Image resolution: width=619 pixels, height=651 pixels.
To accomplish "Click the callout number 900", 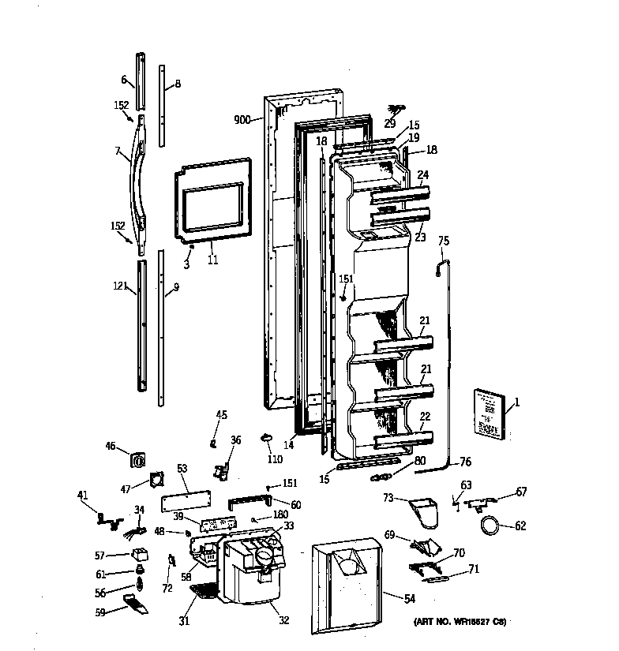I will click(x=242, y=120).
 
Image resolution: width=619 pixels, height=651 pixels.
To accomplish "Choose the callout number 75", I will click(x=443, y=241).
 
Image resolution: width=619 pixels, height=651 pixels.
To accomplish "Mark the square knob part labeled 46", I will click(x=139, y=458).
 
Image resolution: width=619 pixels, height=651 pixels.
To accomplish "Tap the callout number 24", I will click(x=423, y=175).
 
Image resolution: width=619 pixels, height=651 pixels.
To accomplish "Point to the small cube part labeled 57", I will click(x=140, y=554).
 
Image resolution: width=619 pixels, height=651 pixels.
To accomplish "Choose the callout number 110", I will click(x=274, y=458).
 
